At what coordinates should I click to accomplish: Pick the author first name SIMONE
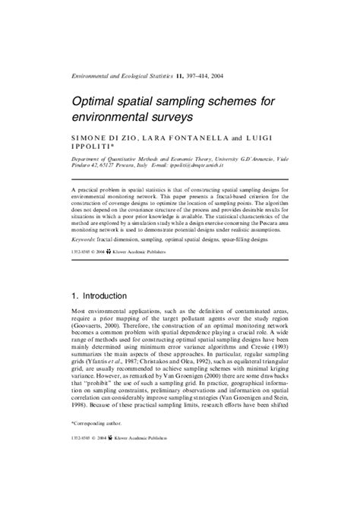coord(92,139)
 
